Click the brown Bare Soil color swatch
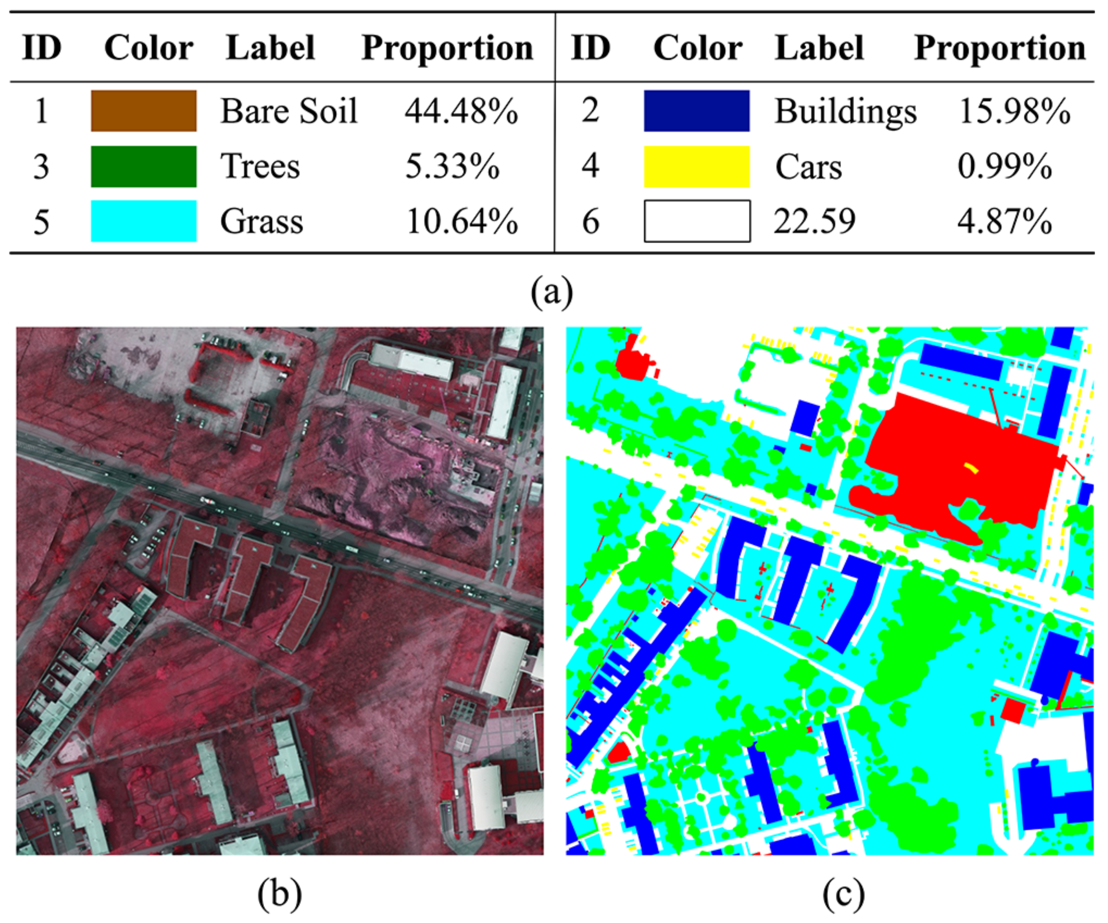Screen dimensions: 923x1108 [x=143, y=111]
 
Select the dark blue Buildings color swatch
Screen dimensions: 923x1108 [x=696, y=111]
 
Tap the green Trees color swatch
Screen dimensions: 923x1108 [x=143, y=167]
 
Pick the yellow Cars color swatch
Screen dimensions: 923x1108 [x=696, y=167]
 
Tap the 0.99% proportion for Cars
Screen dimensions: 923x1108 [x=1004, y=167]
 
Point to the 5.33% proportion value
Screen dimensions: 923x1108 [x=452, y=167]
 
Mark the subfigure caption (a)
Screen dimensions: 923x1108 [x=552, y=292]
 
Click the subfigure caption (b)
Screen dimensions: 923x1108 [x=280, y=894]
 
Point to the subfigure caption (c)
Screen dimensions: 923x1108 [x=843, y=894]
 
